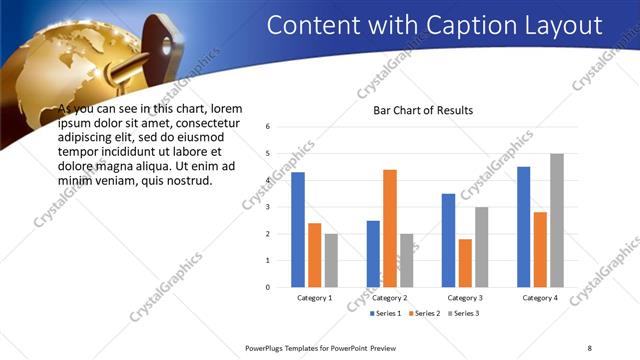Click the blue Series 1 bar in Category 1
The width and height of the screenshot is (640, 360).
pos(298,230)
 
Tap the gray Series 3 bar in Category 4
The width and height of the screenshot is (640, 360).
pos(557,220)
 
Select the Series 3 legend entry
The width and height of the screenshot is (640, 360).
pos(465,314)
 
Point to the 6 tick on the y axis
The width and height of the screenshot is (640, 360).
pos(268,127)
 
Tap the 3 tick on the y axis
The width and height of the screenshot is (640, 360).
pos(268,207)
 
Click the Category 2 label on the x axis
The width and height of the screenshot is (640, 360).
pos(390,298)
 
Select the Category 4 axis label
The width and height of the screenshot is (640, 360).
pos(540,298)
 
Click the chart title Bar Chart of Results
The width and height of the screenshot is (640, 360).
pos(423,110)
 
